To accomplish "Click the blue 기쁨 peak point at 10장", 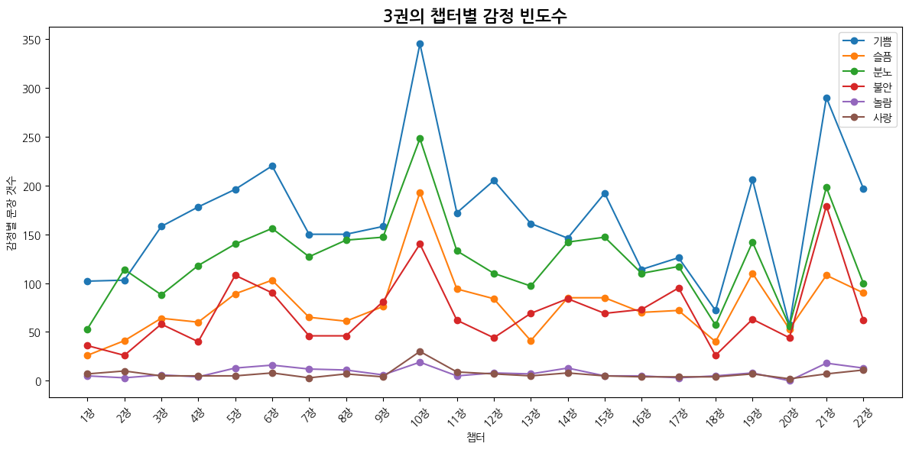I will pos(420,44).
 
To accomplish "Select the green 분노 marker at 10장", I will pos(420,138).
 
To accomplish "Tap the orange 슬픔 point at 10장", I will pos(420,193).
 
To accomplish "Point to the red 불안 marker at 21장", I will pos(826,206).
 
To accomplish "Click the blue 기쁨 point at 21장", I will pos(826,98).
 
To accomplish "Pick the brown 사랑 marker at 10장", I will pos(420,351).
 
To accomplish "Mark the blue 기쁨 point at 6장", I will pos(272,166).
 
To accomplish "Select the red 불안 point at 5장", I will pos(235,275).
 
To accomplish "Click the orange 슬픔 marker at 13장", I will pos(531,341).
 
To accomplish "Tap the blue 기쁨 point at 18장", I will pos(716,310).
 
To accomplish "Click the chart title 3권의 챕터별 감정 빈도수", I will pos(475,15).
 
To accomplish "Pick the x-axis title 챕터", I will pos(475,438).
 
